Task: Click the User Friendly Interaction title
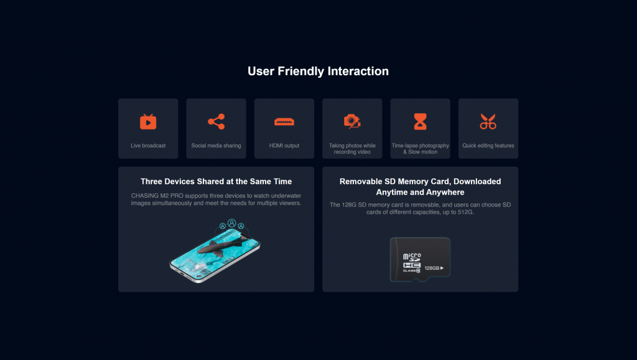(x=318, y=71)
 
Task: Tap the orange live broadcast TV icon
(x=148, y=121)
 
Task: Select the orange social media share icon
(x=216, y=121)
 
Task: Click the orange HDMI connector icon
(x=284, y=122)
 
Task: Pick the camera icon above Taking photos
(x=352, y=121)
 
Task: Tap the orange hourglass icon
(x=420, y=121)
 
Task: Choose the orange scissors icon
(x=488, y=121)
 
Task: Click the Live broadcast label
(x=148, y=145)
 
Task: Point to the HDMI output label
(x=284, y=145)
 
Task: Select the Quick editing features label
(x=488, y=145)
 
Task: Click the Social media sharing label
(x=216, y=145)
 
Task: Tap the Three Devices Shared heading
(x=216, y=182)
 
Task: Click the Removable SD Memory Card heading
(x=420, y=187)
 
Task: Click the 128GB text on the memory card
(x=432, y=268)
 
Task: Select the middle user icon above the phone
(x=231, y=223)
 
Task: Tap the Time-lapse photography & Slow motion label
(x=420, y=149)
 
